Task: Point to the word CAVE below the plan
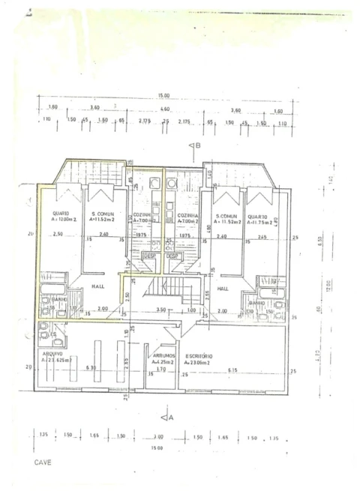point(43,463)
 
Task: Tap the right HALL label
point(223,288)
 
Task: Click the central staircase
point(163,289)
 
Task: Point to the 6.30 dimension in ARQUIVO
point(91,367)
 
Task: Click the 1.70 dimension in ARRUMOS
point(161,370)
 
